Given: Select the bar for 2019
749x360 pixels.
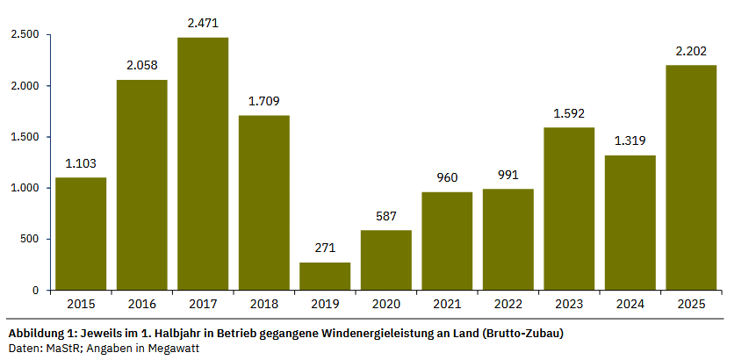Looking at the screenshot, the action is coord(325,276).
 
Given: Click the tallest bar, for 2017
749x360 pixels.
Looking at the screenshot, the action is coord(203,163).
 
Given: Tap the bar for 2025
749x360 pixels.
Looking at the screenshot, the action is coord(691,177).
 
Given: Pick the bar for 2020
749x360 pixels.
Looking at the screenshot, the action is coord(386,260).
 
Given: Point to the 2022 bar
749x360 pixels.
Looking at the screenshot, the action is coord(508,239).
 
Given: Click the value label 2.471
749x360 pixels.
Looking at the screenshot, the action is coord(203,23).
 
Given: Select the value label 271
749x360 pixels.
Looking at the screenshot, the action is coord(325,248).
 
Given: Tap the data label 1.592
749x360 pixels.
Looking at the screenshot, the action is coord(569,113).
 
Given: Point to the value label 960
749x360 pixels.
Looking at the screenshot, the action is coord(447,177).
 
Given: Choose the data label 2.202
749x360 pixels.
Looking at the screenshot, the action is coord(691,51).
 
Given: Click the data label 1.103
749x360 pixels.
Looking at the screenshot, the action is coord(81,163).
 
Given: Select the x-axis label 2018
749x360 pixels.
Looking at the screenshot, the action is coord(263,304).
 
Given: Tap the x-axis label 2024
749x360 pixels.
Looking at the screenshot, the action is coord(630,304).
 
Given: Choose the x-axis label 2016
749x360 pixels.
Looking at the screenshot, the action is coord(142,304).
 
